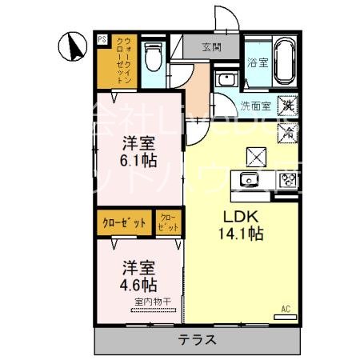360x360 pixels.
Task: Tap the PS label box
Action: [x=101, y=38]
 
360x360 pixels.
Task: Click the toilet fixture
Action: [x=155, y=55]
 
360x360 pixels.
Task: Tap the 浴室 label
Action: [x=258, y=62]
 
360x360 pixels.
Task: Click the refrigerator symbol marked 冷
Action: [x=287, y=130]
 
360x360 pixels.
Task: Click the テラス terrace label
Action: [x=197, y=338]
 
